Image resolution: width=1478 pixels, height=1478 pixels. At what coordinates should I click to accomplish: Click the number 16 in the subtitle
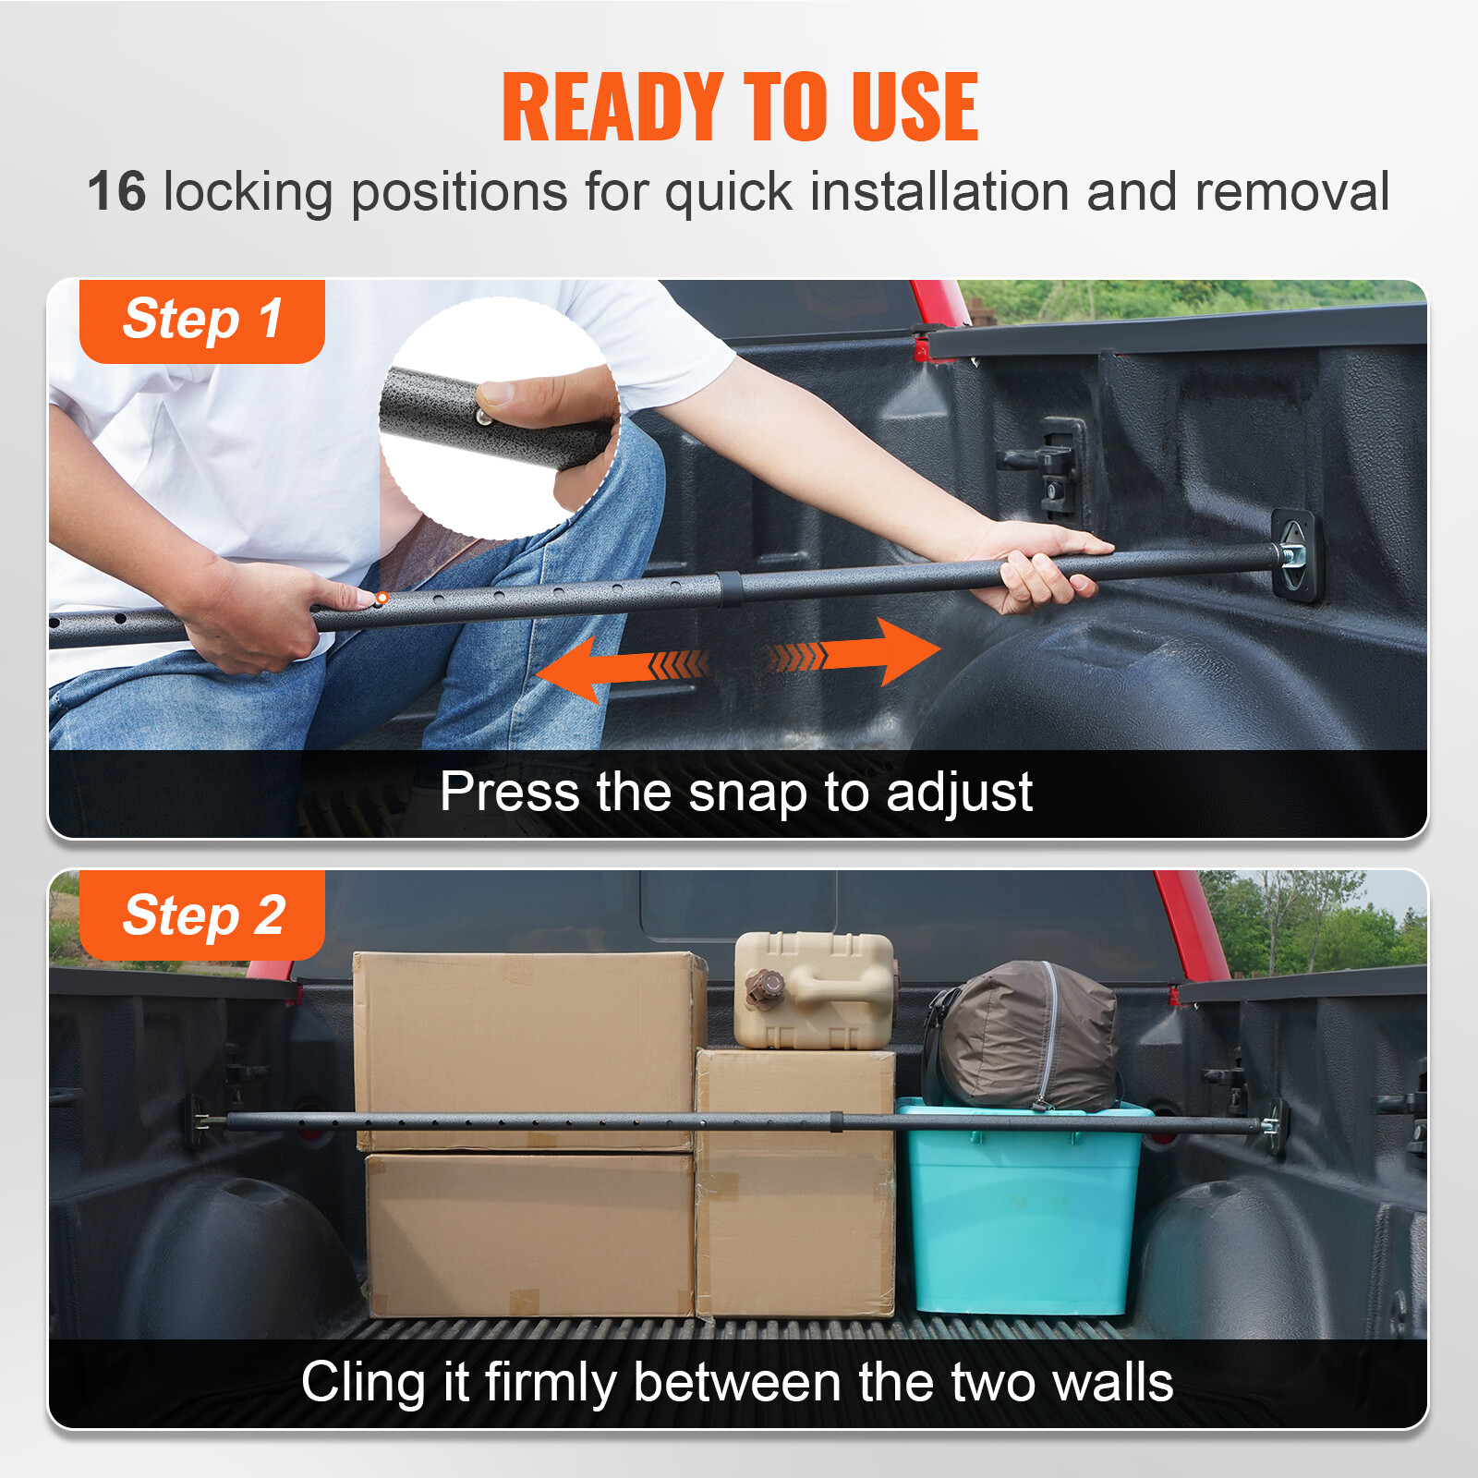click(117, 192)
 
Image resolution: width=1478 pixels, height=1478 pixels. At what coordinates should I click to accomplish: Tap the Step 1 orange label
click(202, 320)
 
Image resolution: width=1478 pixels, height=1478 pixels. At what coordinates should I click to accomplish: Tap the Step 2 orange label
click(202, 915)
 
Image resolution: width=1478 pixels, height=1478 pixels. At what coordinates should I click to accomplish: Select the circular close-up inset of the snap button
click(499, 418)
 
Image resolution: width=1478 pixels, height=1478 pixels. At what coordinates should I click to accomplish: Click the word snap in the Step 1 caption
click(747, 793)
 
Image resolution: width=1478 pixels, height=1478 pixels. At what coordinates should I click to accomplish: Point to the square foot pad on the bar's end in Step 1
click(1295, 555)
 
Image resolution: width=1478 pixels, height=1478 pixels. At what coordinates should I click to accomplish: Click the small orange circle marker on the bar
click(382, 599)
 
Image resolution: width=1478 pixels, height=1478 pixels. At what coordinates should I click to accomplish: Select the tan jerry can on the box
click(814, 990)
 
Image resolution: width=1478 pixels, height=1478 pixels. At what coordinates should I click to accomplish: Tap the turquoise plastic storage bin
click(1021, 1210)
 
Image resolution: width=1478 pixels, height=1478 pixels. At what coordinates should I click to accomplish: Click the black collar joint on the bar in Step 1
click(729, 589)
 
